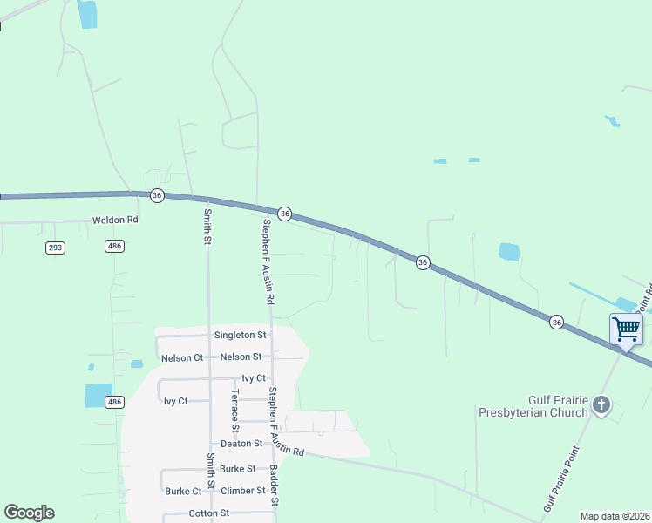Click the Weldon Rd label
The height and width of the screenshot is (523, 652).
[x=115, y=221]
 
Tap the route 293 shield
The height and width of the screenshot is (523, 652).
[x=56, y=248]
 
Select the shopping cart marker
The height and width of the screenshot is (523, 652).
[x=626, y=329]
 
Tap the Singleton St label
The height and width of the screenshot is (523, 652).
[x=240, y=335]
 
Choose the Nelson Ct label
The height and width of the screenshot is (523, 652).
[x=182, y=357]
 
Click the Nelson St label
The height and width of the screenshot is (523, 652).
[x=241, y=357]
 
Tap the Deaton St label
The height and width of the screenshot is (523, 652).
[x=241, y=444]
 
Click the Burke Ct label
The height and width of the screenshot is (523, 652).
[x=183, y=492]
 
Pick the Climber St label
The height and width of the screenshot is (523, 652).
[x=242, y=491]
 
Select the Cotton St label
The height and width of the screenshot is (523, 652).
[x=208, y=513]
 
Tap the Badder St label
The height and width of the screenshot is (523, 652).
[x=274, y=485]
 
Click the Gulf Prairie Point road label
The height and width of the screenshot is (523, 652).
[x=561, y=478]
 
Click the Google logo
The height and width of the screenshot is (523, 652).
[x=29, y=513]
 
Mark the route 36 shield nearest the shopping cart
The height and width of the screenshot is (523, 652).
[x=556, y=323]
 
